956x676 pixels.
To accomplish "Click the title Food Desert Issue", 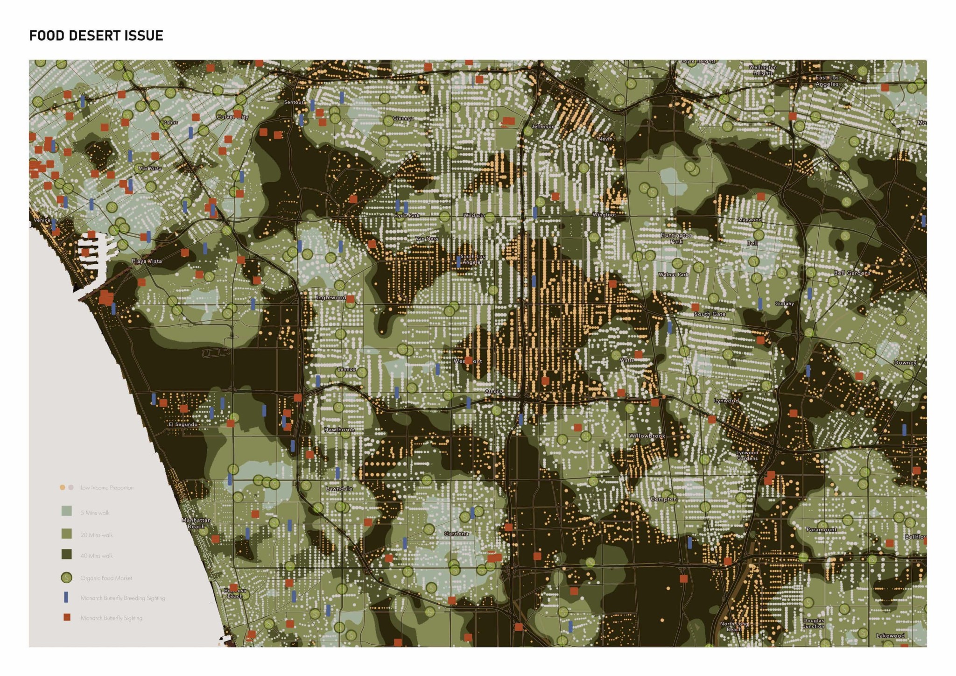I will [96, 35].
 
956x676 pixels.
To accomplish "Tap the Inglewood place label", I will [331, 297].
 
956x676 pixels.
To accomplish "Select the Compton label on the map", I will [663, 499].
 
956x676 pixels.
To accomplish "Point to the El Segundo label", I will [183, 424].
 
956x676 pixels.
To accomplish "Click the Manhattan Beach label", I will [196, 523].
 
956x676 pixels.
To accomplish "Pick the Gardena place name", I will [456, 534].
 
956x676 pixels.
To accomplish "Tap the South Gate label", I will [710, 314].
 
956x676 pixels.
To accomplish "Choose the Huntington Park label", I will [676, 238].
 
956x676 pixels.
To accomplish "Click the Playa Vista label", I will [147, 261].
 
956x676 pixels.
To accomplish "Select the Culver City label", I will [232, 117].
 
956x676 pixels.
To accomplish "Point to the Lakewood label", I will [890, 635].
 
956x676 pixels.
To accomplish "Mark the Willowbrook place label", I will [647, 436].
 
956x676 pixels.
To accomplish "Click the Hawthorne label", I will [339, 430].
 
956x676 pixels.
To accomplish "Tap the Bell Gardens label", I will [852, 273].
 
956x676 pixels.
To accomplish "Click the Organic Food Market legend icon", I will [66, 578].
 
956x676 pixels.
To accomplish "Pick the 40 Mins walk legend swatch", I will [66, 555].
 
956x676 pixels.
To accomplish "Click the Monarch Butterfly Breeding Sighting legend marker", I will [66, 598].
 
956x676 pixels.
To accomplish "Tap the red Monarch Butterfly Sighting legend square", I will [67, 617].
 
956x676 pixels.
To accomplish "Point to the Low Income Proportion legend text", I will [107, 488].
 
